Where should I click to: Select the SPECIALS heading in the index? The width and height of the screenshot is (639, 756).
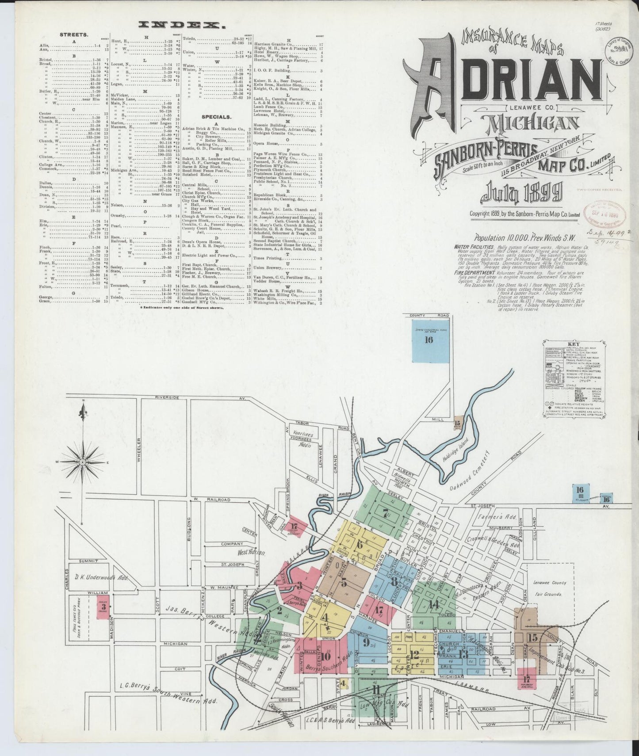[x=216, y=117]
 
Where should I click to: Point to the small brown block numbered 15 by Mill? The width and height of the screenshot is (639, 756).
[x=458, y=422]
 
